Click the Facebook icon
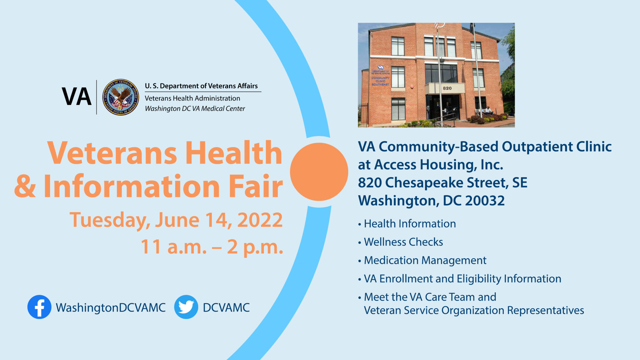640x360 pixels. pyautogui.click(x=39, y=307)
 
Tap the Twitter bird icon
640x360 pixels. pyautogui.click(x=186, y=307)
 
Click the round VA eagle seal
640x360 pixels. pyautogui.click(x=121, y=97)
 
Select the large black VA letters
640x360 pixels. pyautogui.click(x=77, y=97)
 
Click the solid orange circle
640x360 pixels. pyautogui.click(x=319, y=172)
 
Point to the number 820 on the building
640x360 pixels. pyautogui.click(x=447, y=88)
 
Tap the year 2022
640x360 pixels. pyautogui.click(x=260, y=220)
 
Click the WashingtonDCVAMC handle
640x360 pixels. pyautogui.click(x=111, y=307)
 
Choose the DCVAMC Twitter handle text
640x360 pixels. pyautogui.click(x=226, y=307)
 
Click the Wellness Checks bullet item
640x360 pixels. pyautogui.click(x=403, y=242)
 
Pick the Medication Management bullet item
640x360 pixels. pyautogui.click(x=425, y=260)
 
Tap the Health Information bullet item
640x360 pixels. pyautogui.click(x=410, y=224)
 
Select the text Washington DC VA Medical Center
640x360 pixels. pyautogui.click(x=195, y=109)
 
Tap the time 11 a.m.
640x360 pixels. pyautogui.click(x=174, y=247)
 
